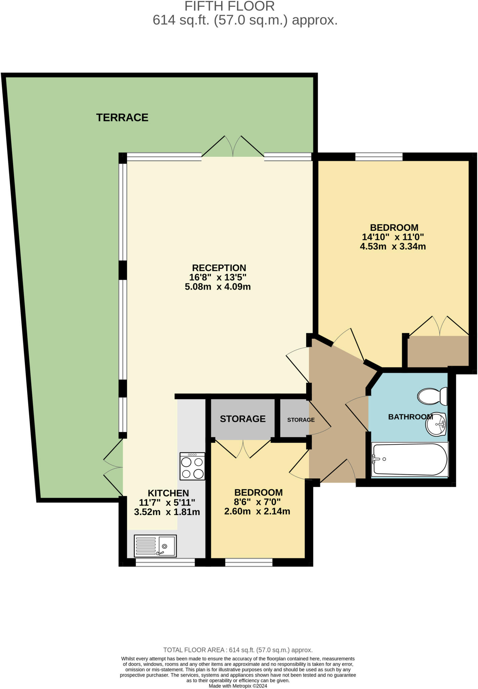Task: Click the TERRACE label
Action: (x=122, y=117)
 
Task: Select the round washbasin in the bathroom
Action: (x=436, y=424)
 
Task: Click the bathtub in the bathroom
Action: (x=410, y=459)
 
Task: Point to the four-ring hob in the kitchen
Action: (x=192, y=466)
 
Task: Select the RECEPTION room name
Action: (x=219, y=268)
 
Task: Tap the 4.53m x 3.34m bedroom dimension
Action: (x=393, y=247)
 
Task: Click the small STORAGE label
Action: (x=301, y=420)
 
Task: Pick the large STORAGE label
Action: (x=242, y=419)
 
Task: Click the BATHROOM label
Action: (x=410, y=417)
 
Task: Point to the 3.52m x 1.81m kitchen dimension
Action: (x=167, y=512)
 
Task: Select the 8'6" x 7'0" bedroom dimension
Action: (x=258, y=502)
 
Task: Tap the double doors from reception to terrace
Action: (x=233, y=147)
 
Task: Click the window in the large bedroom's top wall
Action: (x=379, y=156)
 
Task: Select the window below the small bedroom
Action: (x=248, y=562)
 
